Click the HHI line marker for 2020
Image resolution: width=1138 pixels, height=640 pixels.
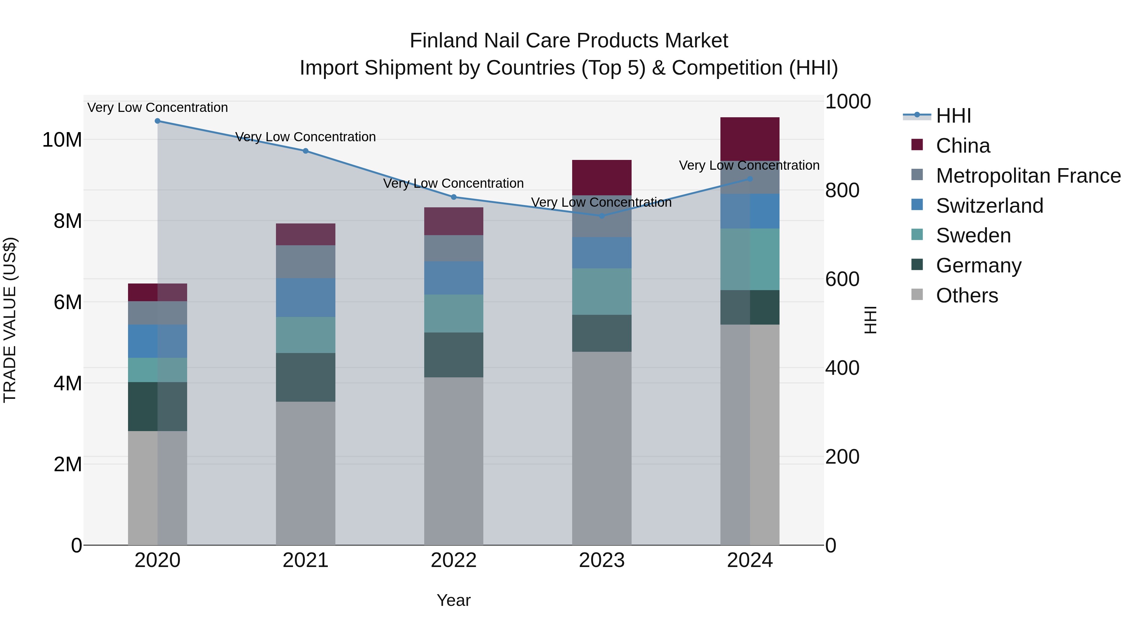[157, 121]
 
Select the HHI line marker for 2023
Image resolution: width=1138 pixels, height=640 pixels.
[602, 216]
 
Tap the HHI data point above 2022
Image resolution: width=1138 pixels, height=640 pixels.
[454, 197]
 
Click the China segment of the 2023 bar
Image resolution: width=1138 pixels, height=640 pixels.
[602, 178]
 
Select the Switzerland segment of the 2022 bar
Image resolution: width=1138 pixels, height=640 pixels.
[454, 278]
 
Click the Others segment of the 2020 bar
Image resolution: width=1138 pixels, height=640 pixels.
[157, 488]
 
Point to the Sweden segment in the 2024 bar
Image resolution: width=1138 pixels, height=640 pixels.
[750, 259]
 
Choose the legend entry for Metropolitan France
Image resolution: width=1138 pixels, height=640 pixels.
[1028, 176]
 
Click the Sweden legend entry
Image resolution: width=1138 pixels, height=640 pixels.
[973, 235]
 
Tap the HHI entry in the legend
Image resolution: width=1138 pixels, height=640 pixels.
[953, 116]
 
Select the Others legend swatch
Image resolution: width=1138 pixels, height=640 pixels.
[917, 295]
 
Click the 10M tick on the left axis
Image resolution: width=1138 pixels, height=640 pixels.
[62, 140]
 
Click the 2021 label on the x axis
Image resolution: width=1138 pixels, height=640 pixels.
[305, 560]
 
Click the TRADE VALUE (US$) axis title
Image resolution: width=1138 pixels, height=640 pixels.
[10, 320]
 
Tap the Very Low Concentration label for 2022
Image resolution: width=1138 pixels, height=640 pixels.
[453, 183]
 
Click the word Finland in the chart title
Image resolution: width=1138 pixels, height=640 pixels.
[443, 41]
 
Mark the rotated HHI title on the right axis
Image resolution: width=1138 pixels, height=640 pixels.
[870, 320]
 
